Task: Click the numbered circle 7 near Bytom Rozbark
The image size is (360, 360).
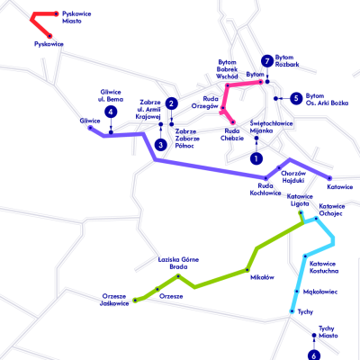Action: (267, 61)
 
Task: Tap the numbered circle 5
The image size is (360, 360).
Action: (296, 98)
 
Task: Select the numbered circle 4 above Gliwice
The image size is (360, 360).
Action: (111, 112)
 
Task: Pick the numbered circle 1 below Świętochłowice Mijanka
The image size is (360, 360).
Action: (256, 158)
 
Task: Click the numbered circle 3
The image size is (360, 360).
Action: (161, 145)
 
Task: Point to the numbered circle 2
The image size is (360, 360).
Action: (171, 103)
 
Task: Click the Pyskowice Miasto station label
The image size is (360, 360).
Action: (76, 17)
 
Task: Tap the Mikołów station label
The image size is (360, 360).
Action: (262, 277)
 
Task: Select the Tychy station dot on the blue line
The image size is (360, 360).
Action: (292, 311)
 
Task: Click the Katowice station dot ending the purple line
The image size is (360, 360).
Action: (329, 178)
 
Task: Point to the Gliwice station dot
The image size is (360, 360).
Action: (90, 128)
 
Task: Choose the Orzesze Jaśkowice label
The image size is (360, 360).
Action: (114, 300)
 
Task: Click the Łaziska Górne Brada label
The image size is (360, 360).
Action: (178, 263)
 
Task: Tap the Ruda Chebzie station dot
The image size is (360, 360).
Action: (233, 122)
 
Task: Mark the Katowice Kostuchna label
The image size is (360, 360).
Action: (324, 267)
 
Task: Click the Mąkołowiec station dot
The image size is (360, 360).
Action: (297, 292)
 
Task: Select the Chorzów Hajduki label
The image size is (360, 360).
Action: (293, 177)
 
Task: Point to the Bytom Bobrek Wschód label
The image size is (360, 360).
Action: (227, 69)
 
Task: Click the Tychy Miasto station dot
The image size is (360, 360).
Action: (314, 335)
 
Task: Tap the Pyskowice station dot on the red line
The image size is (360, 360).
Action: (49, 36)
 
